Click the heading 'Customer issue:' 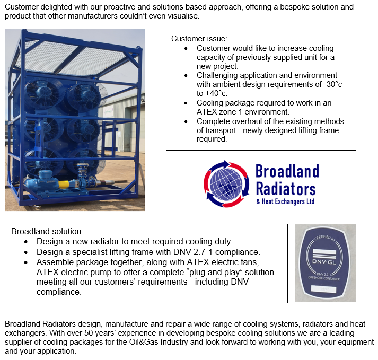click(199, 39)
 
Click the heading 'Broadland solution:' click(47, 231)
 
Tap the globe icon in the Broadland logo click(226, 184)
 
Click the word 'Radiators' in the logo click(286, 189)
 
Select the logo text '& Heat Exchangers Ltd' click(285, 201)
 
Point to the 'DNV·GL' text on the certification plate click(324, 261)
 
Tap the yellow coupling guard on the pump click(64, 185)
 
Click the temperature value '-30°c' click(333, 84)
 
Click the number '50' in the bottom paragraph click(89, 333)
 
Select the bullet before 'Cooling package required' click(186, 103)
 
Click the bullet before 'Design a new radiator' click(26, 242)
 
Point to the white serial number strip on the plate click(324, 289)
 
